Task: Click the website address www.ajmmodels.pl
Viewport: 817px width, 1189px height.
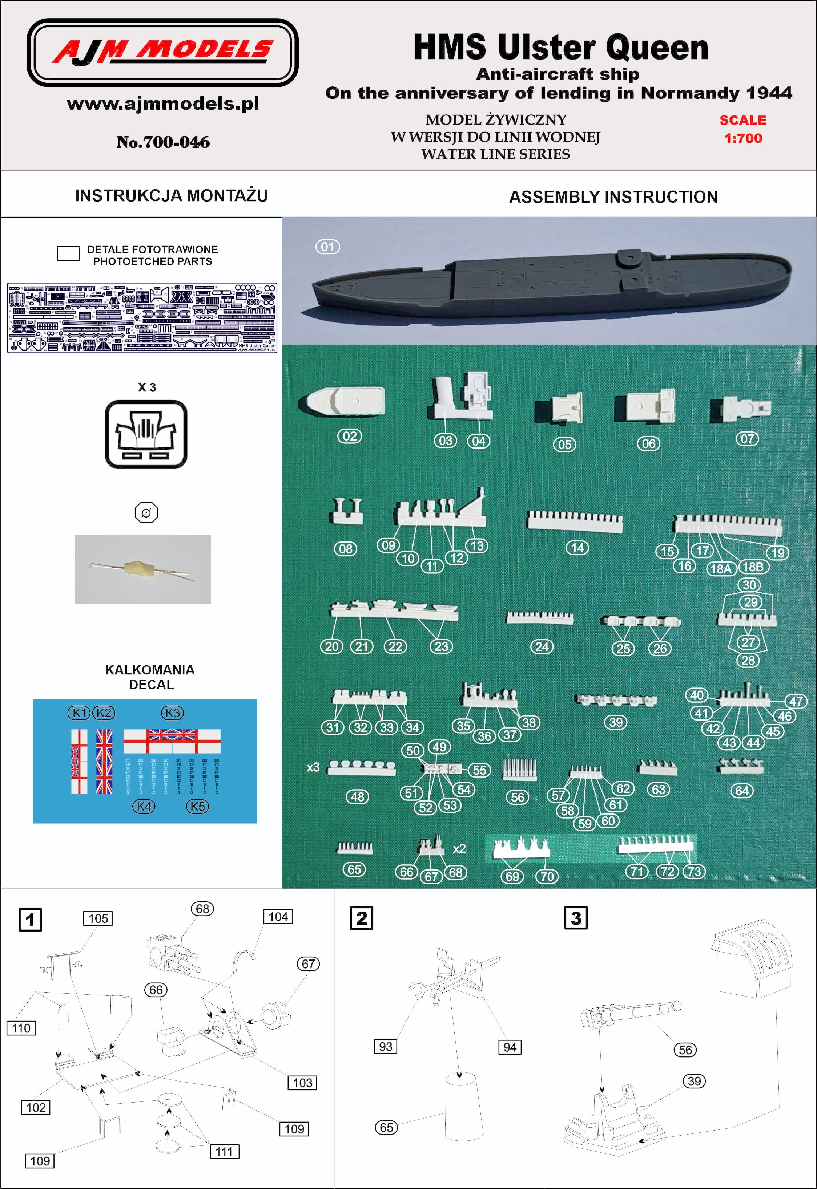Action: click(163, 104)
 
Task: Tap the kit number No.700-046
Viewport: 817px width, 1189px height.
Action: click(163, 142)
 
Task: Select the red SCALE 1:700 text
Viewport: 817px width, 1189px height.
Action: click(743, 129)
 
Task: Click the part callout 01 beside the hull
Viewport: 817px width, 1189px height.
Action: click(327, 247)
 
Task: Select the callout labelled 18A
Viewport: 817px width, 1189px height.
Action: click(721, 568)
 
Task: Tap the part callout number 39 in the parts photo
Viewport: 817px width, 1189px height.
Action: click(616, 722)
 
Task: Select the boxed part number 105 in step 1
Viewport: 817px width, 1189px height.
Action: click(98, 918)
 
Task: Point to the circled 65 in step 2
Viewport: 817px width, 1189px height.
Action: click(386, 1127)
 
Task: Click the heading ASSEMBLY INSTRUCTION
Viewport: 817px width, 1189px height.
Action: click(613, 197)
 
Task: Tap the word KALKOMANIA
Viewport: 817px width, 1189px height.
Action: click(149, 670)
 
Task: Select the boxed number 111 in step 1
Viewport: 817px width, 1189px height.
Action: click(224, 1152)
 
